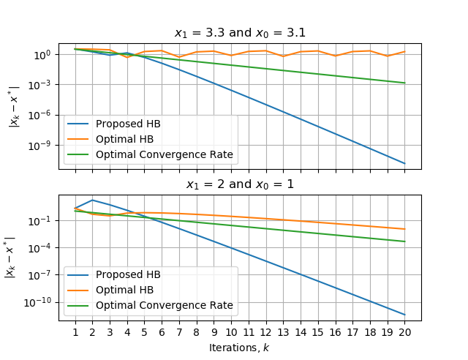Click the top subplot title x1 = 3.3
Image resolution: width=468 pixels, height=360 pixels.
point(240,33)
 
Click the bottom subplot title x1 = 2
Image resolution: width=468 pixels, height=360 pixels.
point(240,184)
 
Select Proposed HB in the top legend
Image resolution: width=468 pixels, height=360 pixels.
point(128,123)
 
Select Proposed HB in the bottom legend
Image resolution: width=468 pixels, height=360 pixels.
point(128,274)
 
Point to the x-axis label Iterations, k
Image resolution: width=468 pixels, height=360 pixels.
point(239,347)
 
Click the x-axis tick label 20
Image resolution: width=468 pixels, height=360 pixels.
point(404,331)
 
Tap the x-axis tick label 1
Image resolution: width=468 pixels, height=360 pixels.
point(75,331)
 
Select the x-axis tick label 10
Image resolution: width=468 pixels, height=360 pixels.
point(231,331)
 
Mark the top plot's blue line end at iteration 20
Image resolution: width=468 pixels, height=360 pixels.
point(404,163)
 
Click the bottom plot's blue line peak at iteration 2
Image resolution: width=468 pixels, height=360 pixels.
point(92,200)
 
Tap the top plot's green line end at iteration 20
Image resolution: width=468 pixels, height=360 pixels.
point(404,83)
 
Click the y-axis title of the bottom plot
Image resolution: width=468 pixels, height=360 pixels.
point(11,258)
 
